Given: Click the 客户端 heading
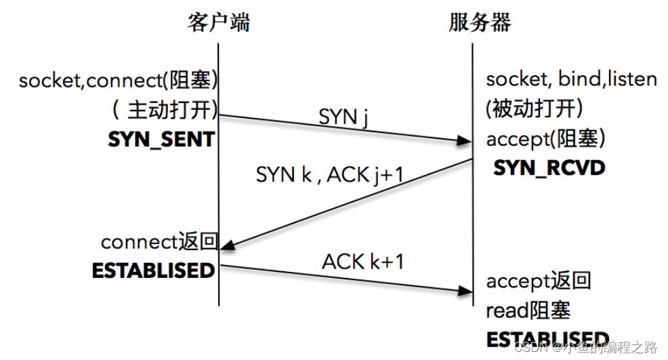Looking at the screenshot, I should point(218,23).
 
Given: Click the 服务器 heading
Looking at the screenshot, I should point(480,23).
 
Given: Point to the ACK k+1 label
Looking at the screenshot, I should point(362,261).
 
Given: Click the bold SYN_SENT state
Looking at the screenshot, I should point(161,140).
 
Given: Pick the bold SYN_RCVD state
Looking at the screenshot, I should point(549,167).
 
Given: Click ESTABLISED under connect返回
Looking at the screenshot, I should point(153,271).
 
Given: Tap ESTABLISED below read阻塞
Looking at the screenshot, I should point(547,340).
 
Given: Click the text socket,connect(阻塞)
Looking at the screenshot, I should point(119,81).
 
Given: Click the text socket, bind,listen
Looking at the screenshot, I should point(571,79).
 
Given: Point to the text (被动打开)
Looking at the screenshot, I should point(535,109).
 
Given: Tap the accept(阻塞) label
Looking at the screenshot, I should point(545,140).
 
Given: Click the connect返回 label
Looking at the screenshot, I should point(159,242).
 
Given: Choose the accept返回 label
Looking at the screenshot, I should point(539,281).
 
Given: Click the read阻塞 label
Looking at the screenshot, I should point(528,311).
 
